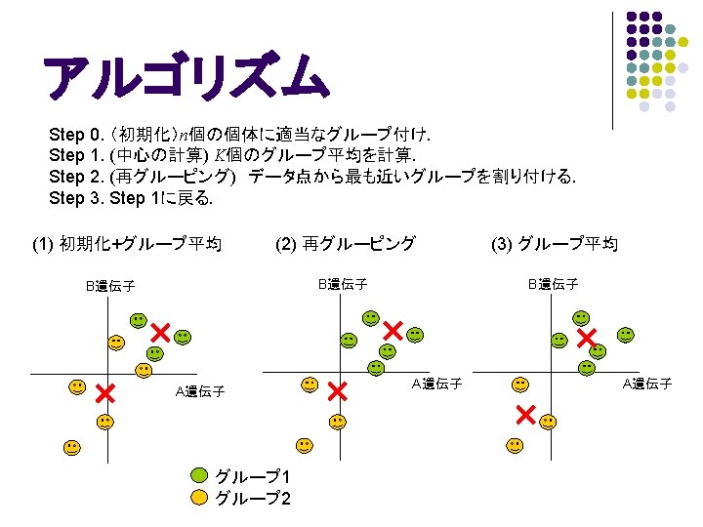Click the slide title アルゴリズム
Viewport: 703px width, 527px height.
point(186,75)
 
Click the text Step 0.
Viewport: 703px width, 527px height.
point(76,135)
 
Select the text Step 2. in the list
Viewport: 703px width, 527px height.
point(76,177)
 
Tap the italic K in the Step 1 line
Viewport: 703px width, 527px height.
point(220,155)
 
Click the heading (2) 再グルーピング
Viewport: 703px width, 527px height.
point(346,244)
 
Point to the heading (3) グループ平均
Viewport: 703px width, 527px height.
point(555,244)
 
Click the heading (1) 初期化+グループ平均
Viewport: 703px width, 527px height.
point(127,244)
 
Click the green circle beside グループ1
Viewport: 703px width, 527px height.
point(199,475)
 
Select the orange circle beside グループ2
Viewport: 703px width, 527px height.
point(199,498)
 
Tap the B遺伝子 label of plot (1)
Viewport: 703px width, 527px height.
point(110,286)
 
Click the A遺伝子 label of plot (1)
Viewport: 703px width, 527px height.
point(200,391)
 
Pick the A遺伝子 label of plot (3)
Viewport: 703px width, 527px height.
point(647,384)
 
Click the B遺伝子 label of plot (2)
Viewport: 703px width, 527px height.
point(343,284)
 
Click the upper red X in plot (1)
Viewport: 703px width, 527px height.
point(160,333)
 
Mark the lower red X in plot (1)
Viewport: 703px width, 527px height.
point(105,393)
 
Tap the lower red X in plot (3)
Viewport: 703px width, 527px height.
point(526,415)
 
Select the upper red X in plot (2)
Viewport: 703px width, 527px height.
point(393,331)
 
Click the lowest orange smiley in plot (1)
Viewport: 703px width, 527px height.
point(72,448)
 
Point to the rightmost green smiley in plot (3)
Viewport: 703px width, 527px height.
point(626,335)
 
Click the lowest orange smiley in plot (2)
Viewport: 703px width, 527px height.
point(305,445)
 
